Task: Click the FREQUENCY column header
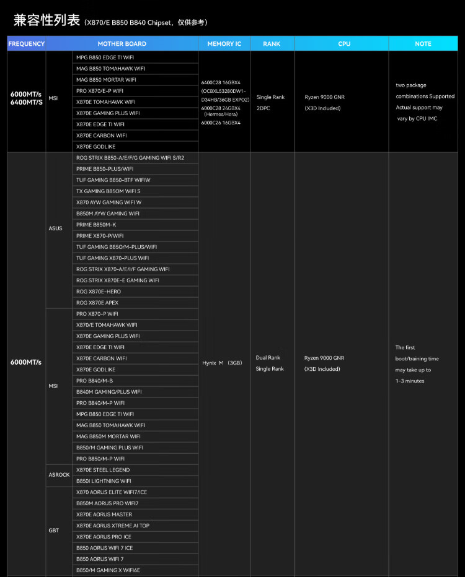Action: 27,44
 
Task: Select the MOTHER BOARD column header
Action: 122,44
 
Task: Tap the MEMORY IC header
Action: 224,44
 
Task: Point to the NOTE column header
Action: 423,44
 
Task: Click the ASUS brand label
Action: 55,228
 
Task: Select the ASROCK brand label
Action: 59,475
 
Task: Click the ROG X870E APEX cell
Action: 97,303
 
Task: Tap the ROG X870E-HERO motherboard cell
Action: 99,292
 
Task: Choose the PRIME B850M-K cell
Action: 96,225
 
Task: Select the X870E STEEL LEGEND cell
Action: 103,470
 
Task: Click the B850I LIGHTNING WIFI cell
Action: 104,481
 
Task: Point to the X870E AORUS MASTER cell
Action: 104,514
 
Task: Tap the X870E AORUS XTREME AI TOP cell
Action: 113,526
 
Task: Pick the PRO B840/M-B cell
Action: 95,381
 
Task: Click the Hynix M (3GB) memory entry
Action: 222,363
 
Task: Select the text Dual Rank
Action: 268,358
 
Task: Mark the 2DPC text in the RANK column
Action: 263,108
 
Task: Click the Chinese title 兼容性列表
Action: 47,20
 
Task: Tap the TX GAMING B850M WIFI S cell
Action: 108,191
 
